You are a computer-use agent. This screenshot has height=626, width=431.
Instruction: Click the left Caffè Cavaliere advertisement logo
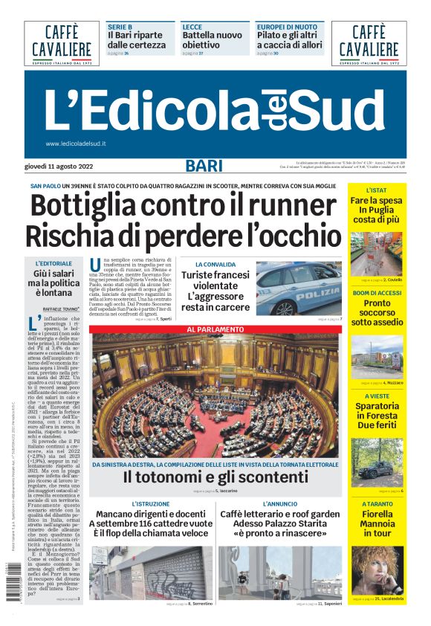click(62, 42)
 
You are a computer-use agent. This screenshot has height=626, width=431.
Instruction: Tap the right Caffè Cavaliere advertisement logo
click(369, 42)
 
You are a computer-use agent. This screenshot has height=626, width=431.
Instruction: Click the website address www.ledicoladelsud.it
click(76, 143)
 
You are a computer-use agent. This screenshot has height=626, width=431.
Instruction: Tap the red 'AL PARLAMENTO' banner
click(213, 329)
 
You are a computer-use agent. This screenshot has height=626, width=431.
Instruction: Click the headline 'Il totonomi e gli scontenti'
click(215, 477)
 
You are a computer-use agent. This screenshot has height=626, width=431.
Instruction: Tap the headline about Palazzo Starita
click(280, 523)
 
